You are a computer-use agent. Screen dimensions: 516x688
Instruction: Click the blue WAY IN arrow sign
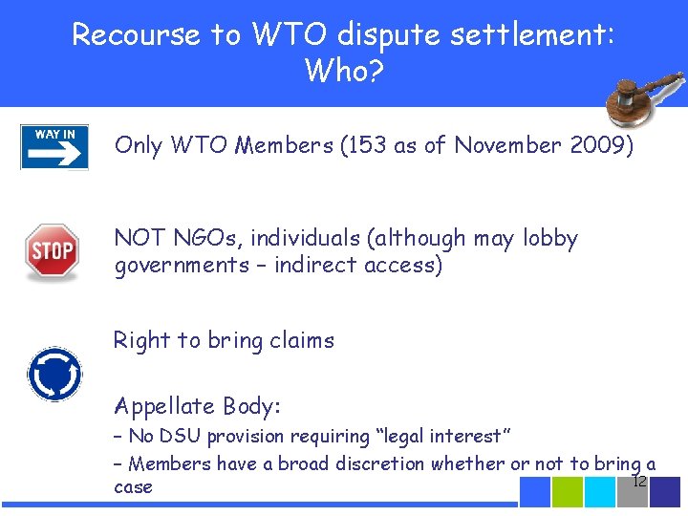tap(54, 147)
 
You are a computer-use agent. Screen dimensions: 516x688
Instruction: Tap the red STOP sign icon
tap(52, 250)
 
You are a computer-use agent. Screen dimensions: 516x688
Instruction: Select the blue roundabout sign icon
tap(54, 373)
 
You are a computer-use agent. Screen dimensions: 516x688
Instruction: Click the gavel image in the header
tap(640, 100)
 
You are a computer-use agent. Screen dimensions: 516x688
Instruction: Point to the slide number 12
tap(640, 481)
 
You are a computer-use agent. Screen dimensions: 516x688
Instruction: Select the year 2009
tap(596, 145)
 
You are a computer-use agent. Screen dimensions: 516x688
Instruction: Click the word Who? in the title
tap(344, 70)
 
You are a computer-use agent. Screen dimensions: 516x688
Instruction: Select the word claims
tap(301, 340)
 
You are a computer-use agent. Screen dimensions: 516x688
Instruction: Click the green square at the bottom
tap(568, 491)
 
